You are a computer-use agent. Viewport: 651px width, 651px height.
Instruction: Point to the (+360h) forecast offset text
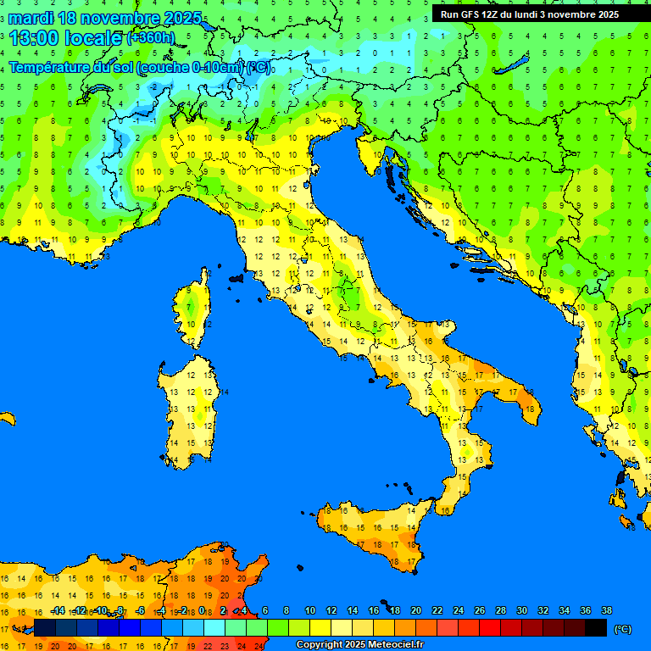coord(150,38)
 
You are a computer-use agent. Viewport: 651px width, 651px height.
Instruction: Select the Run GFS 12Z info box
coord(529,14)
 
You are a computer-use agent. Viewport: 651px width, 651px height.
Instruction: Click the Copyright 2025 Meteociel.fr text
coord(359,644)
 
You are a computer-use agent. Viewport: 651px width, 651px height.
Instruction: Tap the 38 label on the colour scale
coord(606,611)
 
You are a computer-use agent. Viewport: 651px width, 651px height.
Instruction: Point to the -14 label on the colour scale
coord(58,611)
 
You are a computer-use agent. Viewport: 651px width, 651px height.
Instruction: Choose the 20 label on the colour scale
coord(415,611)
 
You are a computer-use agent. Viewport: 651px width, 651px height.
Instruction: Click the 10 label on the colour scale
coord(309,611)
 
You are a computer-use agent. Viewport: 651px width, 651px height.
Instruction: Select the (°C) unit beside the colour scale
coord(622,629)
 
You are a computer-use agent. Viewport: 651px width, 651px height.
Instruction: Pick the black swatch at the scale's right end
coord(596,628)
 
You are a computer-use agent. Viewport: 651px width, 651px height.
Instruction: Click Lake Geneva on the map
coord(99,89)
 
